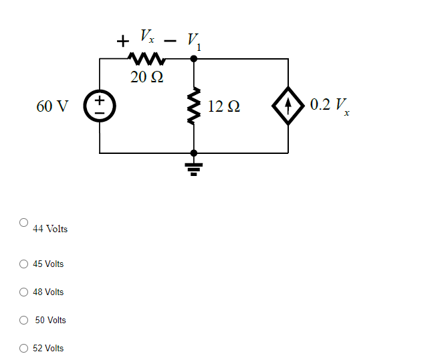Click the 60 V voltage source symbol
[100, 106]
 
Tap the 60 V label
[53, 106]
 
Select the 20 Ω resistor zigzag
[146, 59]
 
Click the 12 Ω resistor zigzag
[194, 106]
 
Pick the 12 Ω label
[224, 106]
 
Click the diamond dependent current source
[288, 106]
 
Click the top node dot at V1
[194, 59]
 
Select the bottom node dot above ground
[194, 153]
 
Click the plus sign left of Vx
[122, 41]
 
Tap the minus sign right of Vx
[170, 41]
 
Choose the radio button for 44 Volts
[24, 221]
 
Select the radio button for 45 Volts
[24, 264]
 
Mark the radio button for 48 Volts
[24, 292]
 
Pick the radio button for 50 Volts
[24, 320]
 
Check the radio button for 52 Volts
[24, 348]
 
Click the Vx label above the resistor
[146, 35]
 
